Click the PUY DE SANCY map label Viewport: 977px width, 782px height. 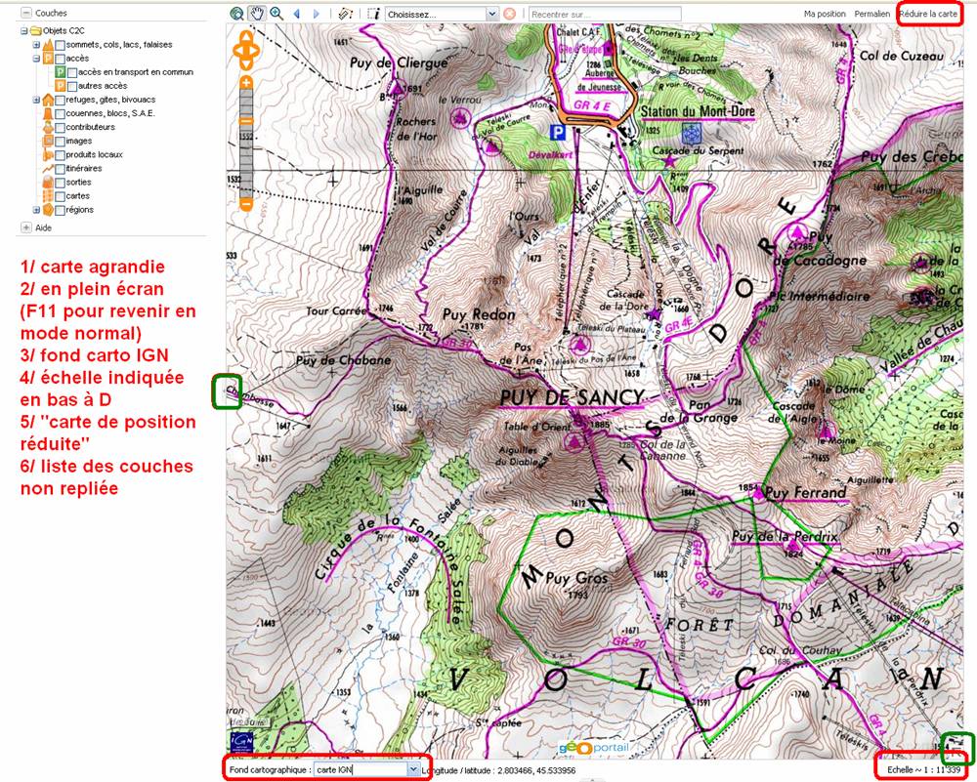(x=572, y=397)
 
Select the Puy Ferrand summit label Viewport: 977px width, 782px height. (x=806, y=493)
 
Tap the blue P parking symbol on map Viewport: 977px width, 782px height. (x=557, y=131)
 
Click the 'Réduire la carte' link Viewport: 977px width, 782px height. (x=928, y=15)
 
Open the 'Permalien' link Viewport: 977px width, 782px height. (x=871, y=15)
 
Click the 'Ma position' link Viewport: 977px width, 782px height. (x=825, y=15)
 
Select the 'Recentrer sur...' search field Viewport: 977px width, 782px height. (x=604, y=15)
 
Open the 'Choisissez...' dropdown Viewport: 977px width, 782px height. (x=442, y=15)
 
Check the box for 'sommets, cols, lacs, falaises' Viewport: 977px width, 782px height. (x=61, y=45)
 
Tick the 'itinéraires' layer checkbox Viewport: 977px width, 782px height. (x=61, y=169)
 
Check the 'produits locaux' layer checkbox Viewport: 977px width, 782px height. (x=61, y=155)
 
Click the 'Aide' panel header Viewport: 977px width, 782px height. (x=43, y=227)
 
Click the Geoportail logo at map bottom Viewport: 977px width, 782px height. (x=588, y=748)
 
